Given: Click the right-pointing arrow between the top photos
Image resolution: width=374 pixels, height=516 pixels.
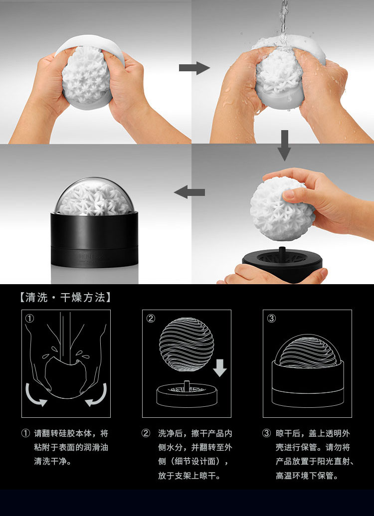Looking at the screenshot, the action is point(194,68).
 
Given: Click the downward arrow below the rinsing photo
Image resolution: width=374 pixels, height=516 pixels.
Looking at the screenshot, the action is point(284,145).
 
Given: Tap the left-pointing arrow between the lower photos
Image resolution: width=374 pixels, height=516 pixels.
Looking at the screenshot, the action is point(189,192).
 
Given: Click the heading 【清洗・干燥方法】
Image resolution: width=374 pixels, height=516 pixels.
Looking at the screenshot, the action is point(65,298).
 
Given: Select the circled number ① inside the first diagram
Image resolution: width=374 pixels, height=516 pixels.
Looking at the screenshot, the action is point(29,319).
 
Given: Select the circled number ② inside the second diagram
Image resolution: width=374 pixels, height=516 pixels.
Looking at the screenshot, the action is point(151,319).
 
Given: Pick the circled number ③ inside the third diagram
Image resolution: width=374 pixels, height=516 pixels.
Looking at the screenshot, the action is point(271,319).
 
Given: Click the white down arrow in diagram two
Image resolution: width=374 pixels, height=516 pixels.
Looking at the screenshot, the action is point(219,368).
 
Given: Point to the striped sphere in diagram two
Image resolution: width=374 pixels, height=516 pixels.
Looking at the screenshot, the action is point(187,344).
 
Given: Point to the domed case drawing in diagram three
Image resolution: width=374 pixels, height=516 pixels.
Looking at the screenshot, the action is point(308,371).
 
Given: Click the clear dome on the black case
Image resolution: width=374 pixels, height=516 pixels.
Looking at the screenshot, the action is point(94,196).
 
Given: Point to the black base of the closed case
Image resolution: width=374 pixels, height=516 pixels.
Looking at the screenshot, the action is point(94,240).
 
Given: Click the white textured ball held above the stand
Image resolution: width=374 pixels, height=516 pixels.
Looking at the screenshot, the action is point(282,204).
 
